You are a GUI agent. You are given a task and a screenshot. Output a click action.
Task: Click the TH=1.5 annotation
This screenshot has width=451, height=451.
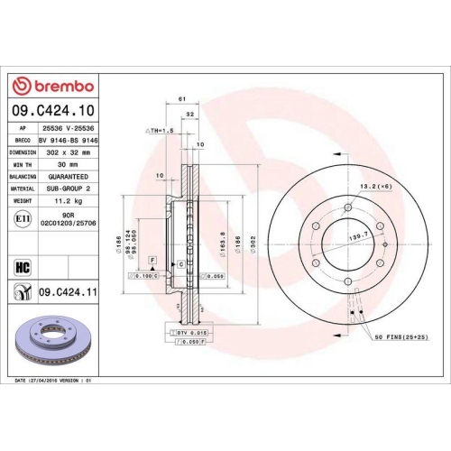click(160, 131)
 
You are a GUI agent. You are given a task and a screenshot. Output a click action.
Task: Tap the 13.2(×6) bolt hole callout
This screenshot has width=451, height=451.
click(374, 187)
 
